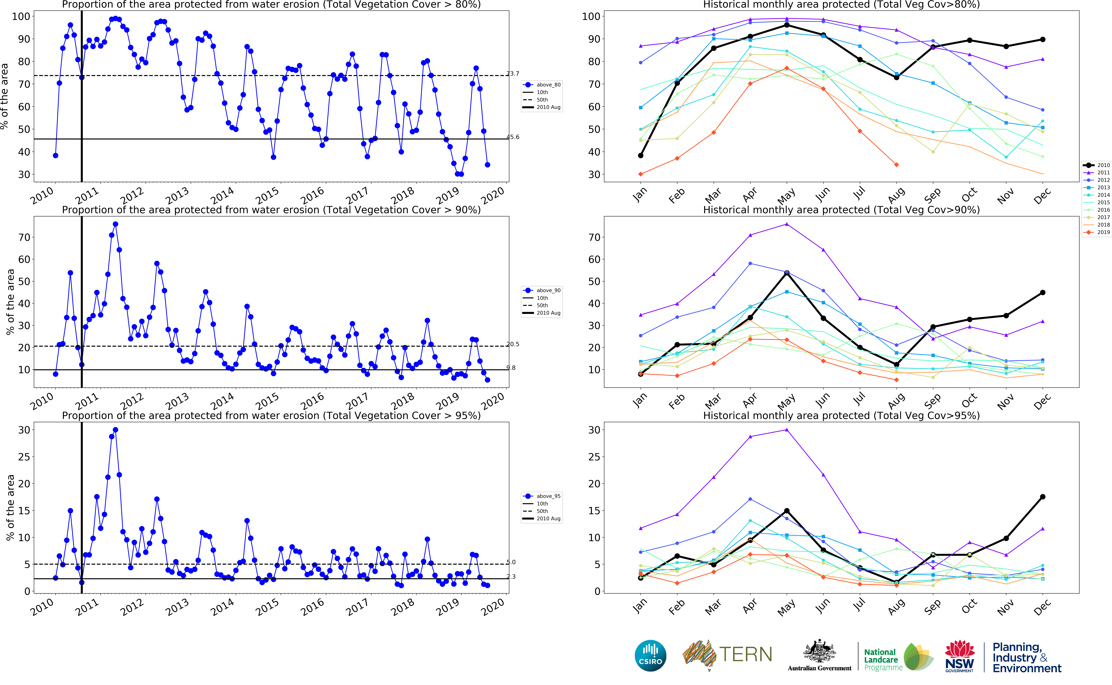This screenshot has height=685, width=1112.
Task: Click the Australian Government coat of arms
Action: [819, 652]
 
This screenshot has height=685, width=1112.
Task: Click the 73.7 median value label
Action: [513, 73]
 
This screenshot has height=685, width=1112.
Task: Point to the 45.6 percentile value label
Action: [513, 137]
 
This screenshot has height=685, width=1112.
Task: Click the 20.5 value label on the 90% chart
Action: [513, 344]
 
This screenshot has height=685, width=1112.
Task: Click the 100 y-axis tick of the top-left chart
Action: [21, 16]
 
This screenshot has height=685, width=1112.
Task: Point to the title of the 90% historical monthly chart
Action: [841, 210]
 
